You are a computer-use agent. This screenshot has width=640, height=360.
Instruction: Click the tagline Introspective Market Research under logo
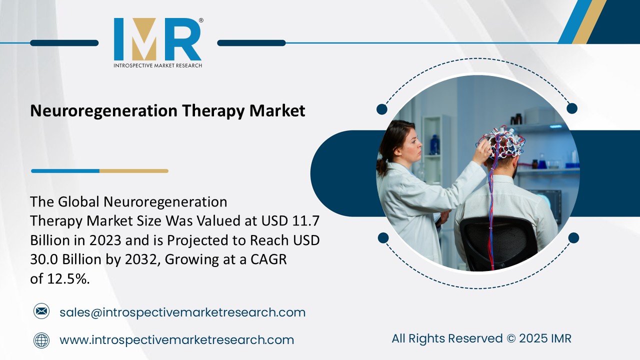157,65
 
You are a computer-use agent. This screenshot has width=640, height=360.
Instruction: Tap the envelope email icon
41,311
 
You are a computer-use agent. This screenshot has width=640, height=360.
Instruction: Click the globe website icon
41,340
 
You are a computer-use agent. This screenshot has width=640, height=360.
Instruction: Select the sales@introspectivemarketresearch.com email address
182,312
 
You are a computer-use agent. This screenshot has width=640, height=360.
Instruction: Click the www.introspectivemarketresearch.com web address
176,340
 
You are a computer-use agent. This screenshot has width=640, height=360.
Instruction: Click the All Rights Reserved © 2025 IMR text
481,338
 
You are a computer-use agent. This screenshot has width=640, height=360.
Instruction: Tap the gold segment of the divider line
133,171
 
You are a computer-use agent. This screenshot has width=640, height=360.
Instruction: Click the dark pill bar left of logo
64,43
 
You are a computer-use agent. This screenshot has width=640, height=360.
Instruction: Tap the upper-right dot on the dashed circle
572,108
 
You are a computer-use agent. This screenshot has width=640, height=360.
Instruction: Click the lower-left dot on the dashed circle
383,237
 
